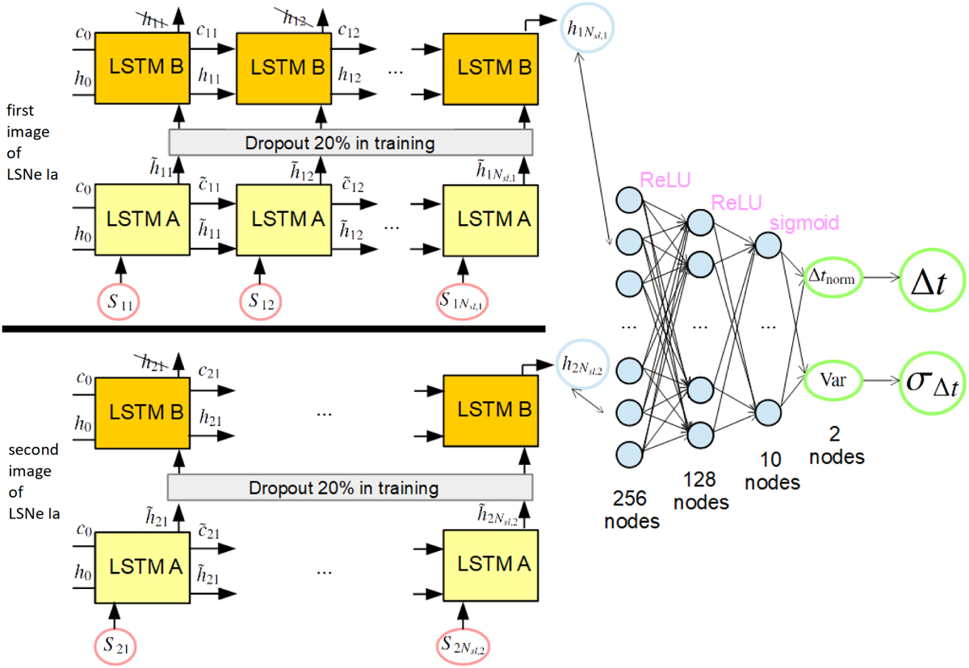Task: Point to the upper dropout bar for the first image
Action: (x=350, y=144)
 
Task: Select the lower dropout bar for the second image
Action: (x=350, y=488)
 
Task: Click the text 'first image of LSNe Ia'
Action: (x=27, y=157)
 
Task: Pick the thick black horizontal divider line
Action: (x=274, y=328)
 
